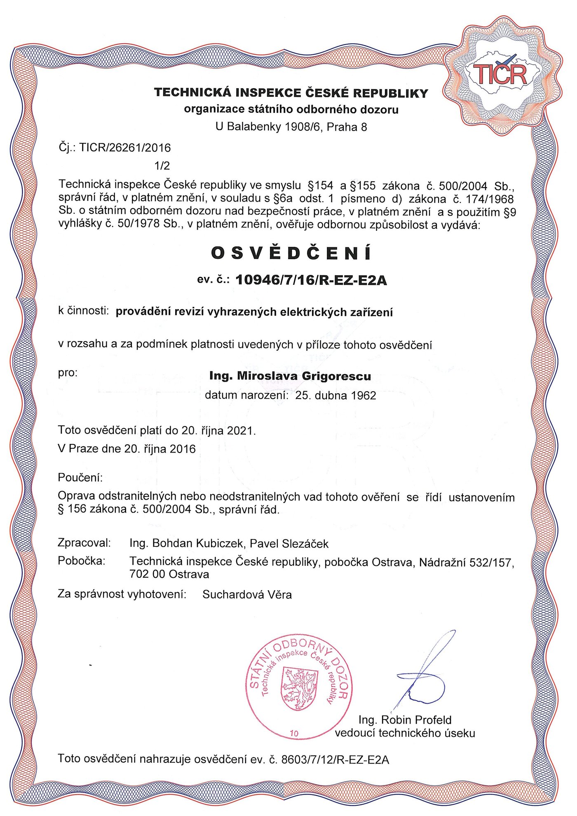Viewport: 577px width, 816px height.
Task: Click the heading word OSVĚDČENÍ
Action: pos(291,253)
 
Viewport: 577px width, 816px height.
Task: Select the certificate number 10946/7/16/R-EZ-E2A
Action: pos(311,280)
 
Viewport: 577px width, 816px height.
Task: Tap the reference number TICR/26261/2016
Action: pos(125,148)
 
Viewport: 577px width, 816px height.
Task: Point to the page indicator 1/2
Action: pos(162,166)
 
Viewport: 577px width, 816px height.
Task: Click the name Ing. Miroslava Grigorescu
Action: pos(290,376)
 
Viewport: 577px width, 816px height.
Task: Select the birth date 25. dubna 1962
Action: pos(335,396)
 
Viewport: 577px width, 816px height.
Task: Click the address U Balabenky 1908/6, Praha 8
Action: pos(291,127)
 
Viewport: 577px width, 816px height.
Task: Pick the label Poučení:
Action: pos(80,478)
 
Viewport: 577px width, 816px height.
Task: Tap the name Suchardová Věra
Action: pos(247,595)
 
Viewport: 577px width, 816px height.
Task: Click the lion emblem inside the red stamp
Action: pos(300,689)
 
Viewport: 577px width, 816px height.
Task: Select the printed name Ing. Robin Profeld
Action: pos(405,720)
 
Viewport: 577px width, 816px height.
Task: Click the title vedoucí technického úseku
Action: pos(405,733)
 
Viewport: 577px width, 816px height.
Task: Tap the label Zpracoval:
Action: pos(84,543)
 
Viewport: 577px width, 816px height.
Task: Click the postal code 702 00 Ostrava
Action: pos(169,574)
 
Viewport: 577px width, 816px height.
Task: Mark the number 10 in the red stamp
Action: pos(294,734)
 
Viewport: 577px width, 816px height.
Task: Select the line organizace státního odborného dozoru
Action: pos(291,109)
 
